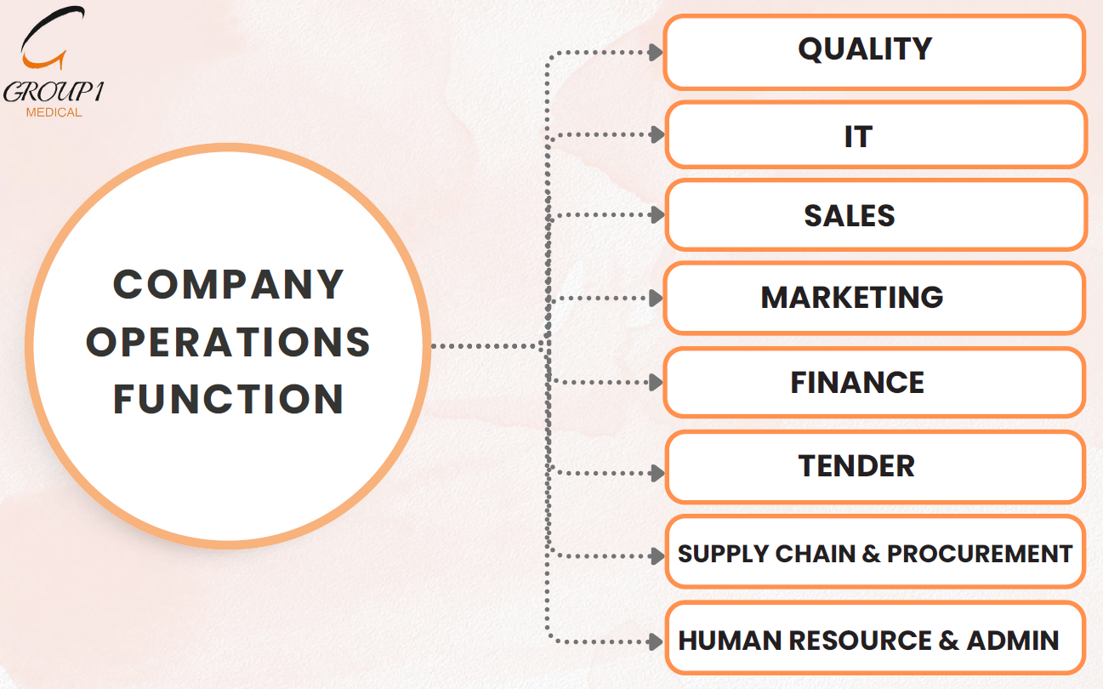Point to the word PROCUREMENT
[x=979, y=554]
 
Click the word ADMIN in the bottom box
[x=1013, y=641]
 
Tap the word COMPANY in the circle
[x=229, y=284]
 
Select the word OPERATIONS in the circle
[x=229, y=342]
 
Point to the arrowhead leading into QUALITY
[x=656, y=53]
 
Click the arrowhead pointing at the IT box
[x=657, y=134]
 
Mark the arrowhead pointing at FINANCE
[x=657, y=383]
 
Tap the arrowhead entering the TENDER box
[x=657, y=473]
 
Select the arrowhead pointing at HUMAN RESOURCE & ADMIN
[x=657, y=641]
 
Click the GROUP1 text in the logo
[x=54, y=93]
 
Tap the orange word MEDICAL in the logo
[x=54, y=112]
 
